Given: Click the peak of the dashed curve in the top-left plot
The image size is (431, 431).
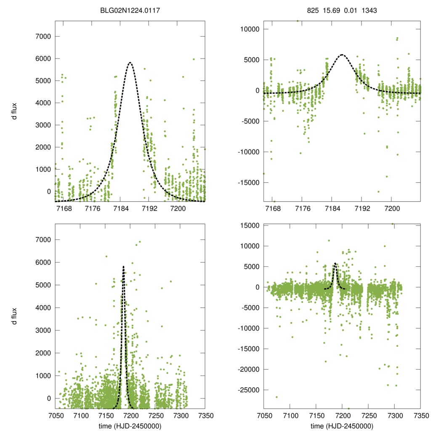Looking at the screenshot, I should (130, 63).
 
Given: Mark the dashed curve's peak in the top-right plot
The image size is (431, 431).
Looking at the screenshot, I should (342, 55).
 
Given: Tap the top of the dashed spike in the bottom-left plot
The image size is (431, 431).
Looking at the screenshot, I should (123, 266).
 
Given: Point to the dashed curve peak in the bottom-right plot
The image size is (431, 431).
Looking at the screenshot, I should (335, 263).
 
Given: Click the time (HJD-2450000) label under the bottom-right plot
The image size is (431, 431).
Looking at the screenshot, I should (342, 426).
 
